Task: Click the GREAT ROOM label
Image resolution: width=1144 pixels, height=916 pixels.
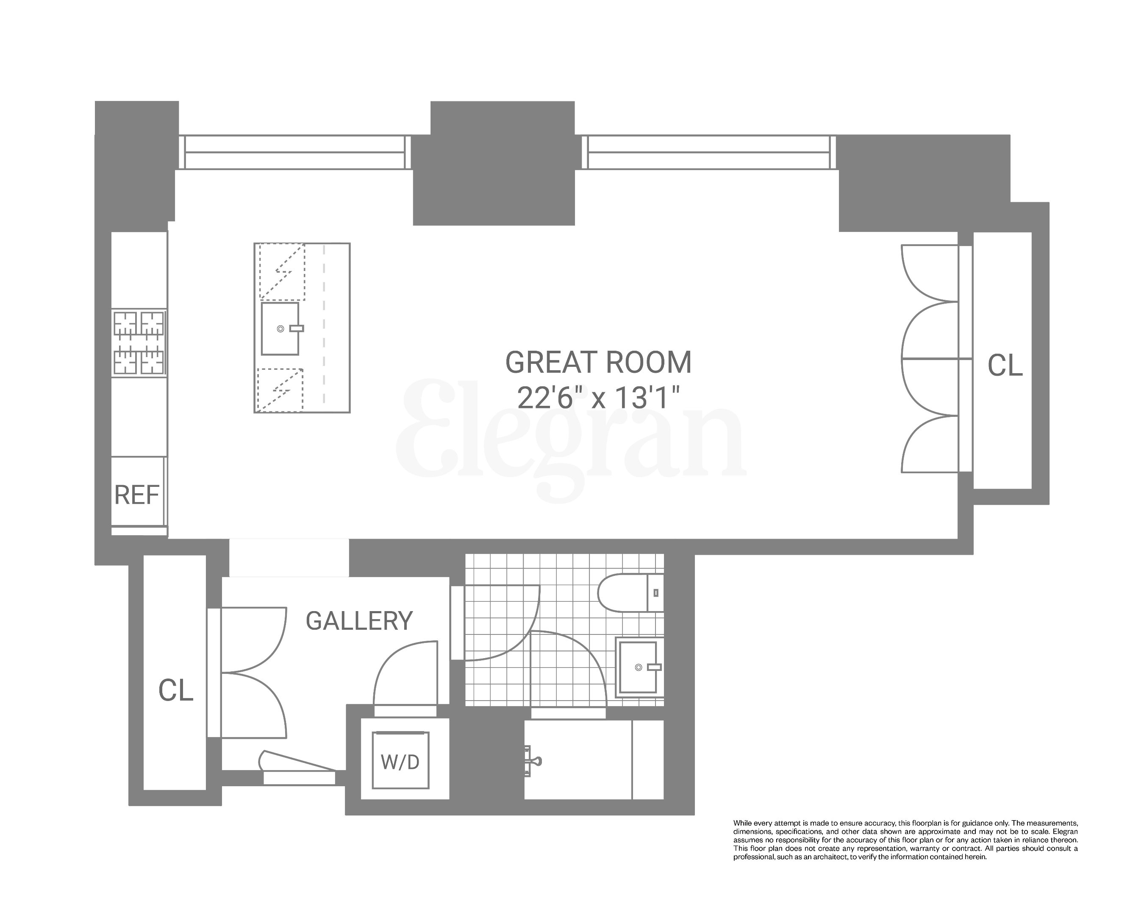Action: coord(598,363)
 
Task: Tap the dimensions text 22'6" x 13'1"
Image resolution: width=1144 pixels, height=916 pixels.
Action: coord(598,398)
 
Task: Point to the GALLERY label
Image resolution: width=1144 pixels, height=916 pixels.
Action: coord(359,621)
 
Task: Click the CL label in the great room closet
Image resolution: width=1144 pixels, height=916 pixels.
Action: coord(1005,366)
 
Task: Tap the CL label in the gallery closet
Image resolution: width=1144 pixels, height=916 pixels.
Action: coord(176,690)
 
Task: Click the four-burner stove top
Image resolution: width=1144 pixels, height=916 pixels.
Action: coord(139,343)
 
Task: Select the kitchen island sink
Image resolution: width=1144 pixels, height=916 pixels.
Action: coord(280,329)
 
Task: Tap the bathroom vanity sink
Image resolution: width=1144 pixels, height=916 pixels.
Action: coord(639,667)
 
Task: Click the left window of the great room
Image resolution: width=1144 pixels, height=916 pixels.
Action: coord(294,152)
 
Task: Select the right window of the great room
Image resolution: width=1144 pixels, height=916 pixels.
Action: coord(708,152)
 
